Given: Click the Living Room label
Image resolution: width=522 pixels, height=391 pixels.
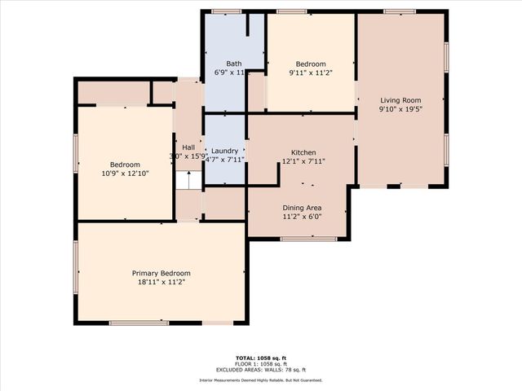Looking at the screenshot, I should tap(400, 100).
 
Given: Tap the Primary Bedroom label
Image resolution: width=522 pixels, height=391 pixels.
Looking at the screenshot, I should tap(161, 273).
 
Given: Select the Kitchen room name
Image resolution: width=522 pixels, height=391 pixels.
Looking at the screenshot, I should tap(303, 152).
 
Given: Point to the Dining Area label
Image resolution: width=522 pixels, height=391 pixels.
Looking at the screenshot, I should tap(303, 208).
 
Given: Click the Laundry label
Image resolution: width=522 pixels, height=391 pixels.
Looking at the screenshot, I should tap(224, 151).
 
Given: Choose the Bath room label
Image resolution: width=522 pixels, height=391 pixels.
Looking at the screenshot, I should tap(234, 64).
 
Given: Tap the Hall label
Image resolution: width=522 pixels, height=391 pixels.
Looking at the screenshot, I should tap(188, 147).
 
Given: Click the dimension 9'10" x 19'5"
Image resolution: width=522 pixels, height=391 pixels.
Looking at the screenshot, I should tap(400, 109).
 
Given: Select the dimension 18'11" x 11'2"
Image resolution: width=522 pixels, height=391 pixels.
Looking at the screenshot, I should tap(161, 282).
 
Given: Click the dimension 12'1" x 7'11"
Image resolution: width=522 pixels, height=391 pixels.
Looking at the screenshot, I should tap(303, 161).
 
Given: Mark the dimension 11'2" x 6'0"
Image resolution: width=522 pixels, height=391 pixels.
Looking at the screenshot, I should tap(303, 217).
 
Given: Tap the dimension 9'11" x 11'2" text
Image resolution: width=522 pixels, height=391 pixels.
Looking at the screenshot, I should tap(311, 73).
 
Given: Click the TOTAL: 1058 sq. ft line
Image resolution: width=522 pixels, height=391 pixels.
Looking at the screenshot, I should tap(261, 358).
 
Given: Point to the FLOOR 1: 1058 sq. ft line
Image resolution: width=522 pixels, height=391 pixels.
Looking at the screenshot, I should tap(261, 363).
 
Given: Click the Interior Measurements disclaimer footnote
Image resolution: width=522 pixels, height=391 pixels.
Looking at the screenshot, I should tap(261, 380).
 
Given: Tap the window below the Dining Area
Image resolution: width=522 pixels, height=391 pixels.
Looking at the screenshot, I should tap(309, 239).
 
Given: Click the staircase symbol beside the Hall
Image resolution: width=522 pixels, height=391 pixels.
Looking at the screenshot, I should tap(188, 181).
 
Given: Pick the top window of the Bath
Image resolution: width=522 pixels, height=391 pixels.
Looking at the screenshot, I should tap(227, 11).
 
